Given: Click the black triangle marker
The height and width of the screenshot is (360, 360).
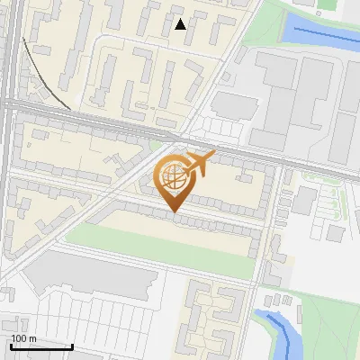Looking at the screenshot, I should pos(180,24).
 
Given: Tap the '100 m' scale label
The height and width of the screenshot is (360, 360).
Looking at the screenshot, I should pos(23,338).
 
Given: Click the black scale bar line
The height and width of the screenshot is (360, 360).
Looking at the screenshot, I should pos(41,346).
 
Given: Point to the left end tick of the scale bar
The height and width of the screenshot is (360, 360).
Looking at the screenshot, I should pos(11,345).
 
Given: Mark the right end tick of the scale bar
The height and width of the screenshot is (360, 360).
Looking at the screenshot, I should pos(72,345).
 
